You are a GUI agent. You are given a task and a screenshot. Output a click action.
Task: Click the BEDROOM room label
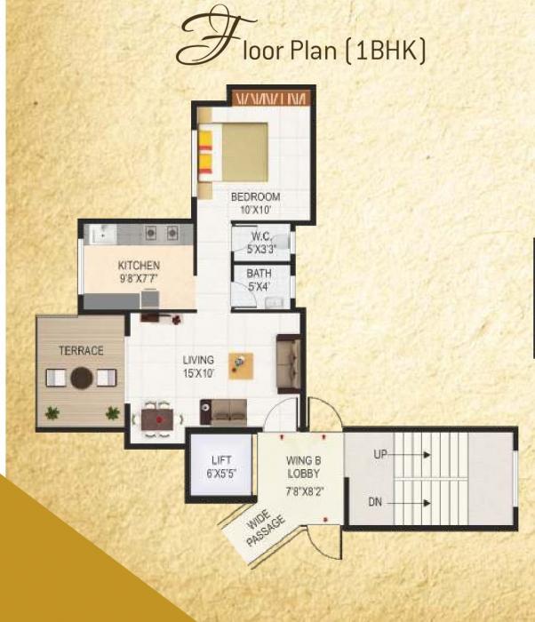pos(255,196)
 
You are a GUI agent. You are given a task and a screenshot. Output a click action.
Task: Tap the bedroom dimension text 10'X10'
pos(255,210)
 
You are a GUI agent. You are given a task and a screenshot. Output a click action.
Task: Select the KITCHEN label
pos(139,265)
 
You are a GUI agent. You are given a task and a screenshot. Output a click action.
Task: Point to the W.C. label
pos(260,236)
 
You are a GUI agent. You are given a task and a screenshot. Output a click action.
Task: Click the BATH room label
pos(259,274)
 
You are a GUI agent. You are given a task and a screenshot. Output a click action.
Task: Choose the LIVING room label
pos(198,360)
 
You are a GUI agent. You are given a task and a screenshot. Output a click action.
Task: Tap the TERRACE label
pos(81,350)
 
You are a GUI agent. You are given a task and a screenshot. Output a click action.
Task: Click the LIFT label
pos(221,459)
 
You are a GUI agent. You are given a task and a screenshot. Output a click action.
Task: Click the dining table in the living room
pos(159,417)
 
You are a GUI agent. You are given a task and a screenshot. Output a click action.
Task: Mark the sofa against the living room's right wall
pos(288,363)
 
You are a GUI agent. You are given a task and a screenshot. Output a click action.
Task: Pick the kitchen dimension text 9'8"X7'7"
pos(139,277)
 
